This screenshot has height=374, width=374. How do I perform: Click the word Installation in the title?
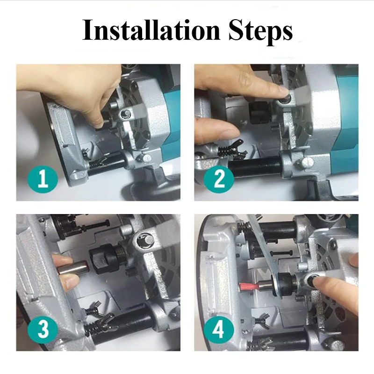[x=151, y=30]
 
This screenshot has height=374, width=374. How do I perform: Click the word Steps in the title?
[x=261, y=32]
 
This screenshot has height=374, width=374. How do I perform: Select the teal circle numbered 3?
[x=43, y=330]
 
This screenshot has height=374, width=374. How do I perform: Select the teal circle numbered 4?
[x=219, y=330]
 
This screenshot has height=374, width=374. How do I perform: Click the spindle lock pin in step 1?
[x=125, y=115]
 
